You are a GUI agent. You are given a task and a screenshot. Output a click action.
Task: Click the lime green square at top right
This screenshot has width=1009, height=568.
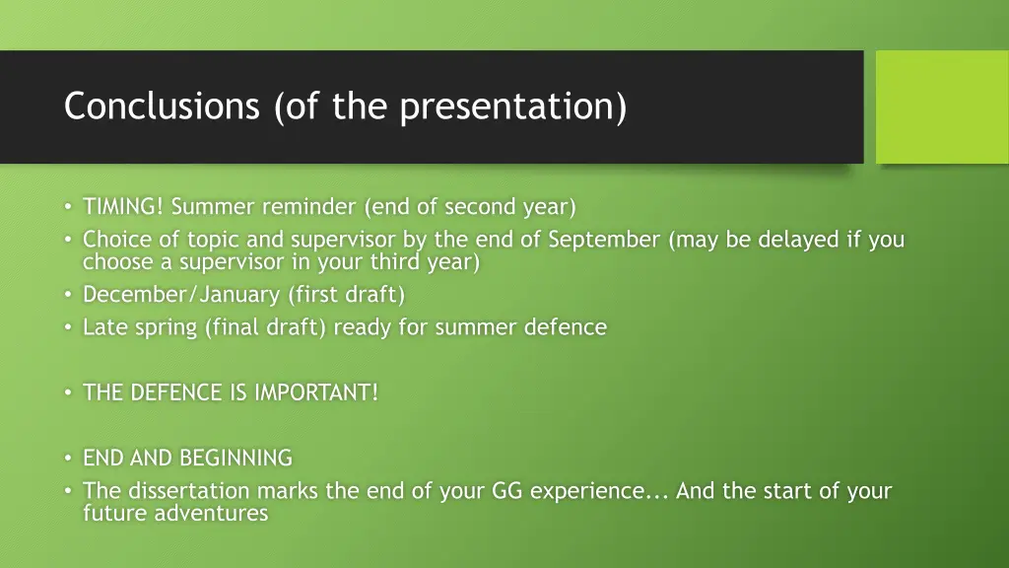942,106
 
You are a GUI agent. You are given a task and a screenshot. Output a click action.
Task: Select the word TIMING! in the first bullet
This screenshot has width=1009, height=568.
123,207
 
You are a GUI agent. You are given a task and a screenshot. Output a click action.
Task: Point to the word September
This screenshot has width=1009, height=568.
604,240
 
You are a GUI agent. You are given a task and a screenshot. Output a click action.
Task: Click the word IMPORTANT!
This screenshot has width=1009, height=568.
316,392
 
